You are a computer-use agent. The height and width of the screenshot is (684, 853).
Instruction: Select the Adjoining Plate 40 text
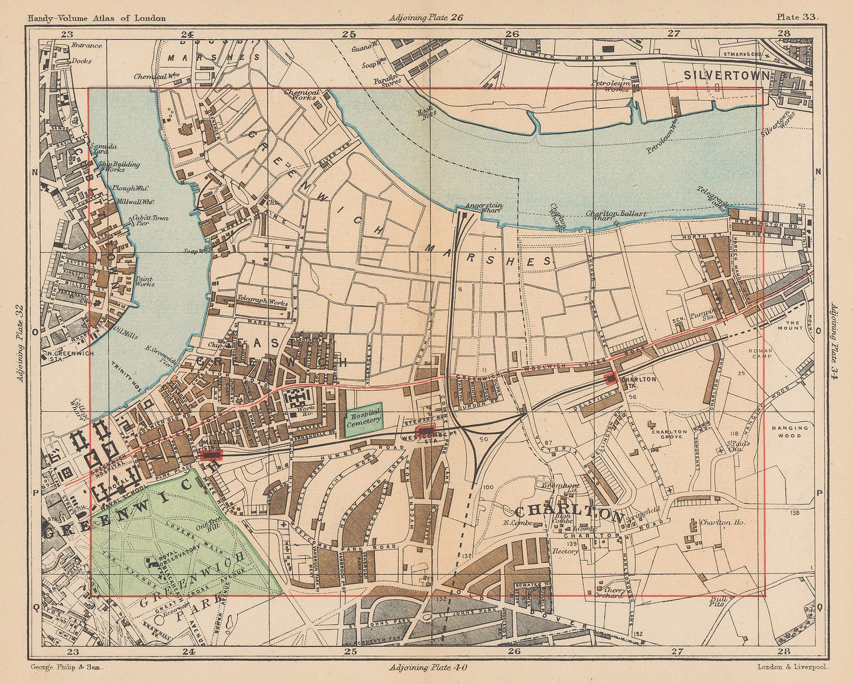pos(425,667)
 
